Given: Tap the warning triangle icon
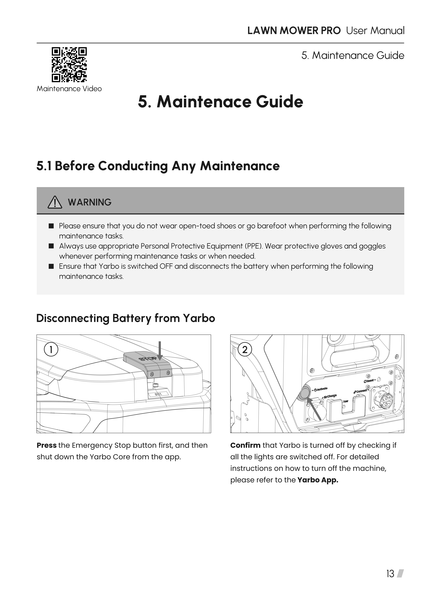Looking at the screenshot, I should [x=55, y=202].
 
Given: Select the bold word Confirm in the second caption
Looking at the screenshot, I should [x=245, y=445].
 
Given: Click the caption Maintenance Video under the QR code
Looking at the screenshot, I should [x=69, y=89].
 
